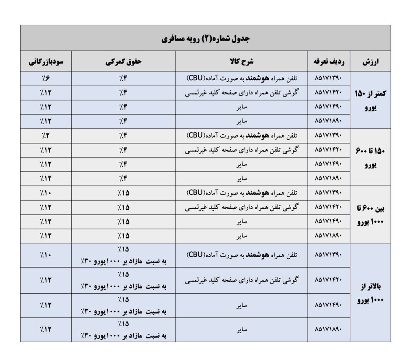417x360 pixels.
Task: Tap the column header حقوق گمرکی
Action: click(x=123, y=62)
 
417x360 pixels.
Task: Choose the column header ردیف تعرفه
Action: click(x=330, y=62)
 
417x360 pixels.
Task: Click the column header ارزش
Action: click(x=371, y=62)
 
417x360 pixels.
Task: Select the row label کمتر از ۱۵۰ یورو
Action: click(x=371, y=99)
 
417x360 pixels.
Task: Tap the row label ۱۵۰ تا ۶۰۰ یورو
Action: click(x=371, y=157)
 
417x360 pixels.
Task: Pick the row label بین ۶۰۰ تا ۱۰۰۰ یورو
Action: click(x=371, y=214)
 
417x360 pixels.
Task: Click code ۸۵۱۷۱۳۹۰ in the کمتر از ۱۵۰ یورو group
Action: click(x=330, y=78)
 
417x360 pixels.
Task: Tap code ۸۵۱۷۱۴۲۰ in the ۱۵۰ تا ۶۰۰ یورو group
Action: click(x=330, y=150)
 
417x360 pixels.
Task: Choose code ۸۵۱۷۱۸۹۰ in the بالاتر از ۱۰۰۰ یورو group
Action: click(x=330, y=330)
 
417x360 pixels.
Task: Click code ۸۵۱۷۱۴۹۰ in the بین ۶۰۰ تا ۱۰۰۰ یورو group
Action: click(x=330, y=222)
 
